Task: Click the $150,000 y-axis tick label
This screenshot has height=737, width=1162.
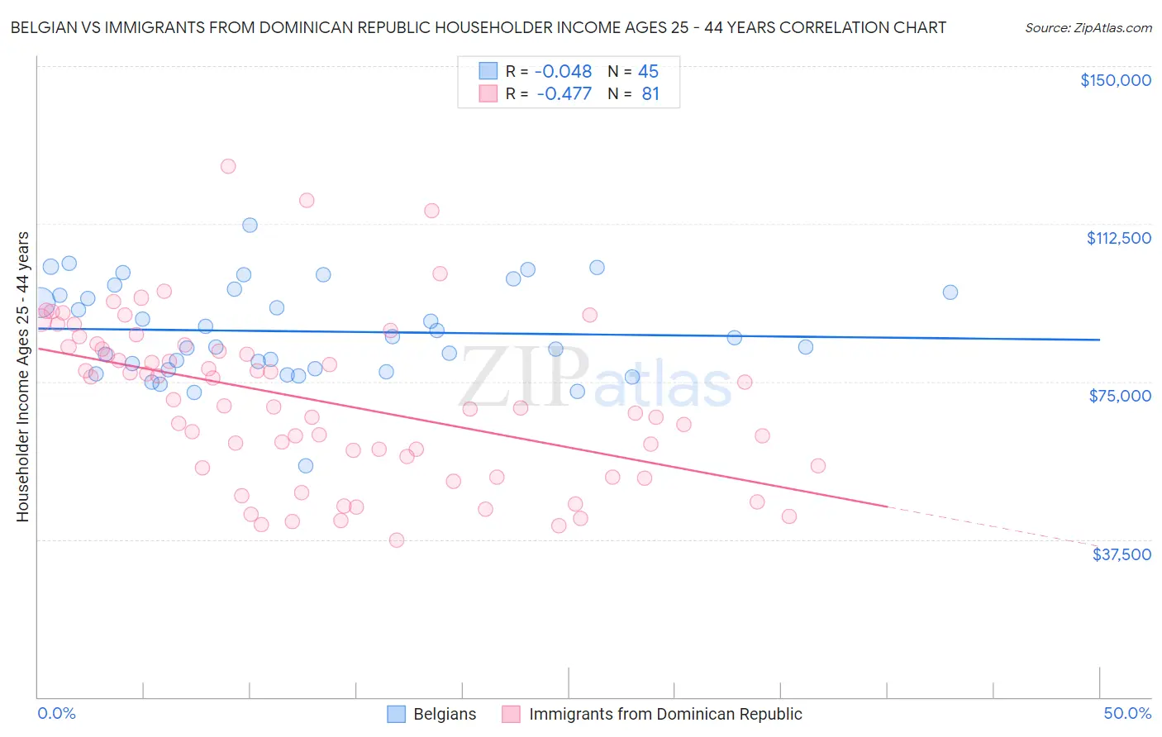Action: (x=1115, y=80)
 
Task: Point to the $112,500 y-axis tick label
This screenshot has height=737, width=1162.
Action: (x=1118, y=238)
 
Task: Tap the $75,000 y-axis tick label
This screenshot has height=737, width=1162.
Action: (x=1120, y=396)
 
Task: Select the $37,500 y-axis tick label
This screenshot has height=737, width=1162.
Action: (x=1122, y=554)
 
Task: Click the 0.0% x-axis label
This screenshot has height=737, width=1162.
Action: (x=56, y=713)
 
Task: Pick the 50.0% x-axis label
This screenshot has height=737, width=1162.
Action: (x=1126, y=713)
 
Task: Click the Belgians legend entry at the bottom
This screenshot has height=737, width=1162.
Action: (x=444, y=714)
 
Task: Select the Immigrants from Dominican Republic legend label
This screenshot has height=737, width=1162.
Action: (x=664, y=714)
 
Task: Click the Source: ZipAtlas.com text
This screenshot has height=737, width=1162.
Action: (x=1088, y=28)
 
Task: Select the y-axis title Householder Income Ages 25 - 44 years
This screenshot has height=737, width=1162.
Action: (x=22, y=377)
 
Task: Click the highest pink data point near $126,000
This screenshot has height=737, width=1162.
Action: (x=228, y=166)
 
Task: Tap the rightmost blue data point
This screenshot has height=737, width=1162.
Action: (x=950, y=292)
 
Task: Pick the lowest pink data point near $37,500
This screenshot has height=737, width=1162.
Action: (x=397, y=540)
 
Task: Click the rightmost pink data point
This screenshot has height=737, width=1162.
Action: (x=818, y=466)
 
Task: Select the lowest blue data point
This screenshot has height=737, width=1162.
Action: (x=306, y=466)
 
